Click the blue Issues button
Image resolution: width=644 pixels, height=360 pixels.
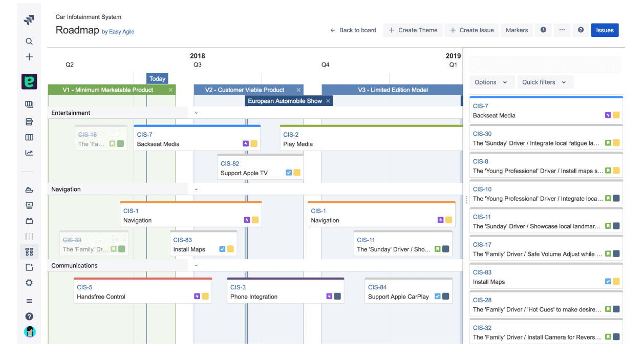(605, 30)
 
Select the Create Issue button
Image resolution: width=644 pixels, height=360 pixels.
(471, 30)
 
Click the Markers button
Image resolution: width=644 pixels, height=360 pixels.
(517, 30)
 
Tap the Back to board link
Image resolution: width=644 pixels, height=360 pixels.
(353, 30)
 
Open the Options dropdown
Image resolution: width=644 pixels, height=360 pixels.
(491, 82)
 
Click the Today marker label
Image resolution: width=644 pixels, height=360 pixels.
(157, 79)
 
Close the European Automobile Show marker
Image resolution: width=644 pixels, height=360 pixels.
(328, 101)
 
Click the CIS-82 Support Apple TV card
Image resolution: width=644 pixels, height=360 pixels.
(260, 168)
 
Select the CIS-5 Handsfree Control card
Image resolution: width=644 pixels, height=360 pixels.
(142, 291)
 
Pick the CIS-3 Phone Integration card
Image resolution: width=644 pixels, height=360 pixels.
(285, 291)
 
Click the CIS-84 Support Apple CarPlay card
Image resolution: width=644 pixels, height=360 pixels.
(408, 291)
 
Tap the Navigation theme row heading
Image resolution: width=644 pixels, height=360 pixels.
(66, 189)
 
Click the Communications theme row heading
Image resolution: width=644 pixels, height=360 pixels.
(74, 265)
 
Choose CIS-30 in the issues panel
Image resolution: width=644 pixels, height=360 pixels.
(546, 138)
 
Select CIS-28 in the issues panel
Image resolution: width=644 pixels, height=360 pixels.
(546, 305)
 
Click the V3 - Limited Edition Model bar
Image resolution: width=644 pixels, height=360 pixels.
(392, 90)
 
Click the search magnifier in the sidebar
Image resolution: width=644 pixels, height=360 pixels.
(29, 41)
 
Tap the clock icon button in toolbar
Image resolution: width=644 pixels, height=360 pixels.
(543, 30)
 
